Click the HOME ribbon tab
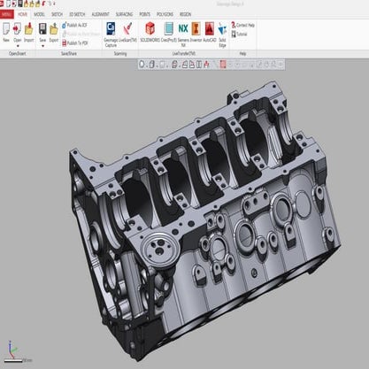point(23,15)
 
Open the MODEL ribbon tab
point(40,15)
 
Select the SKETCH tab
point(57,15)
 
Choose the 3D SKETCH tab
point(76,15)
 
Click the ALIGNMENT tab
point(100,15)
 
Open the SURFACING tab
point(126,15)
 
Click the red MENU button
point(6,15)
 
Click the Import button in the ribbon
point(29,33)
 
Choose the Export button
point(54,33)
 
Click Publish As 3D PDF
point(79,26)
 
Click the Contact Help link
point(245,26)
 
